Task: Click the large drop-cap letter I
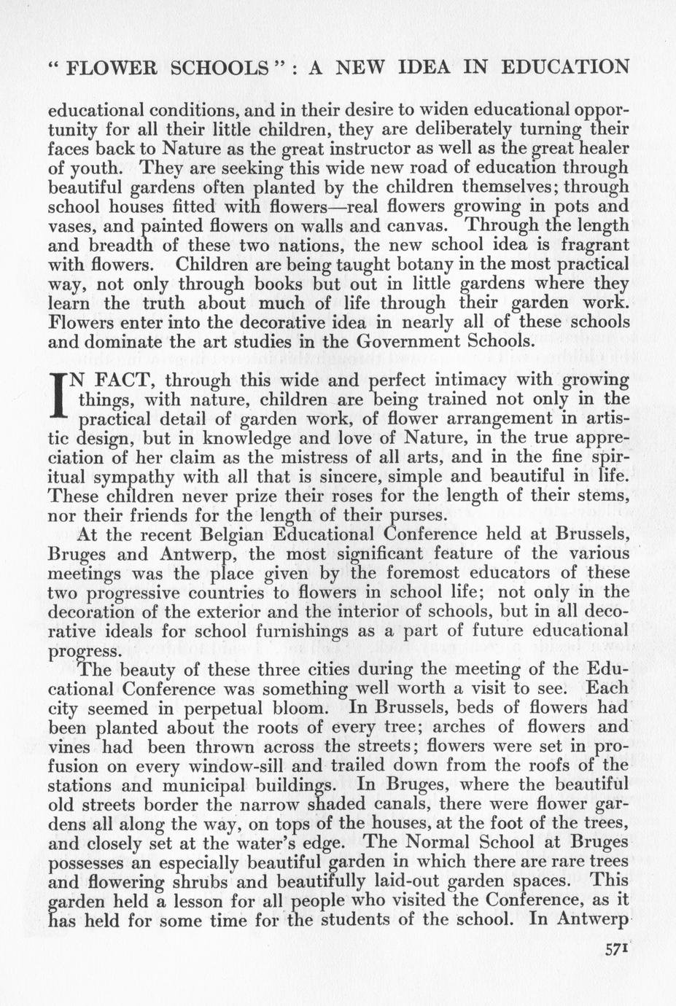pos(61,399)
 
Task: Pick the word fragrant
pos(590,245)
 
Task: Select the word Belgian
pos(222,534)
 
